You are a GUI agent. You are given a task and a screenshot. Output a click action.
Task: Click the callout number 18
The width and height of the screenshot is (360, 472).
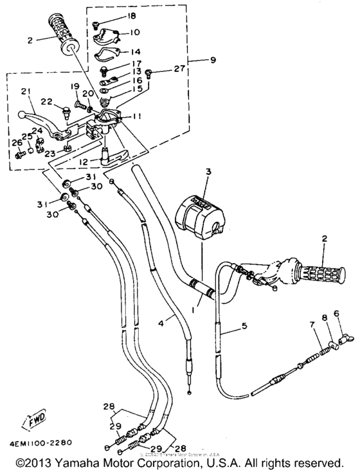pos(132,15)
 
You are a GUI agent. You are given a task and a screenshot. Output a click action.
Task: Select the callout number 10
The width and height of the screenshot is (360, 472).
pos(134,32)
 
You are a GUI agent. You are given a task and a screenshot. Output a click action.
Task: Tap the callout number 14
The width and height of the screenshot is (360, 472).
pos(134,52)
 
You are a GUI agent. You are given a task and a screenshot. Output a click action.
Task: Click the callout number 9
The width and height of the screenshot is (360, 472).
pos(213,60)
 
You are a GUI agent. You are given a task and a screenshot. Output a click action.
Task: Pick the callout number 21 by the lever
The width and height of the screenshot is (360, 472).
pos(25,91)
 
